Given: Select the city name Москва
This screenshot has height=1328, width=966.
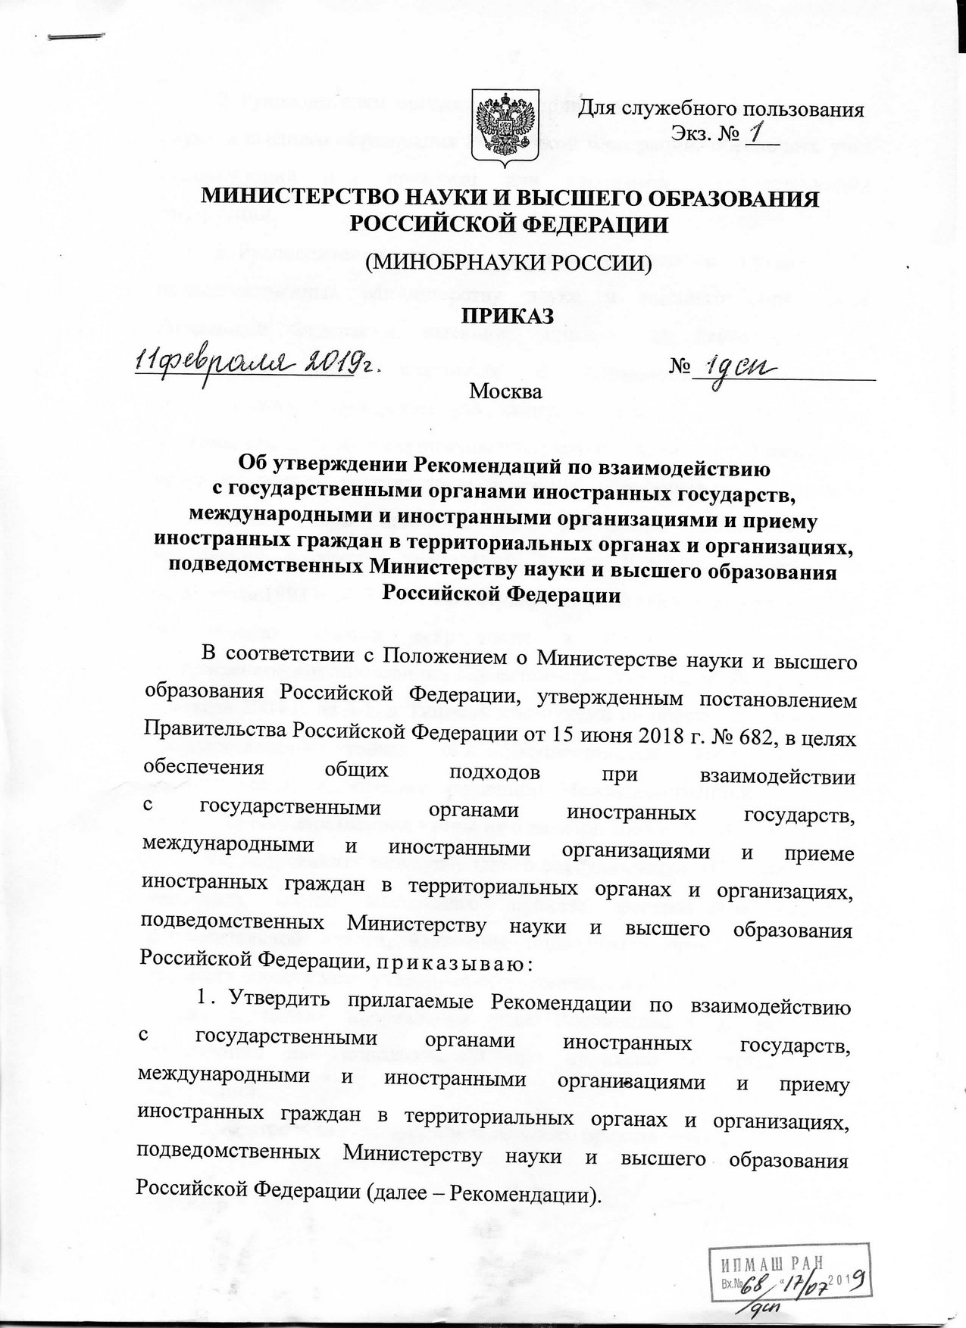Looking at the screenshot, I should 506,392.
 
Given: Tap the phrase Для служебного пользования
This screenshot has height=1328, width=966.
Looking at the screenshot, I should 721,109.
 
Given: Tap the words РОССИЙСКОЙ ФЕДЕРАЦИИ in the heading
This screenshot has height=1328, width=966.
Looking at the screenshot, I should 508,224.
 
